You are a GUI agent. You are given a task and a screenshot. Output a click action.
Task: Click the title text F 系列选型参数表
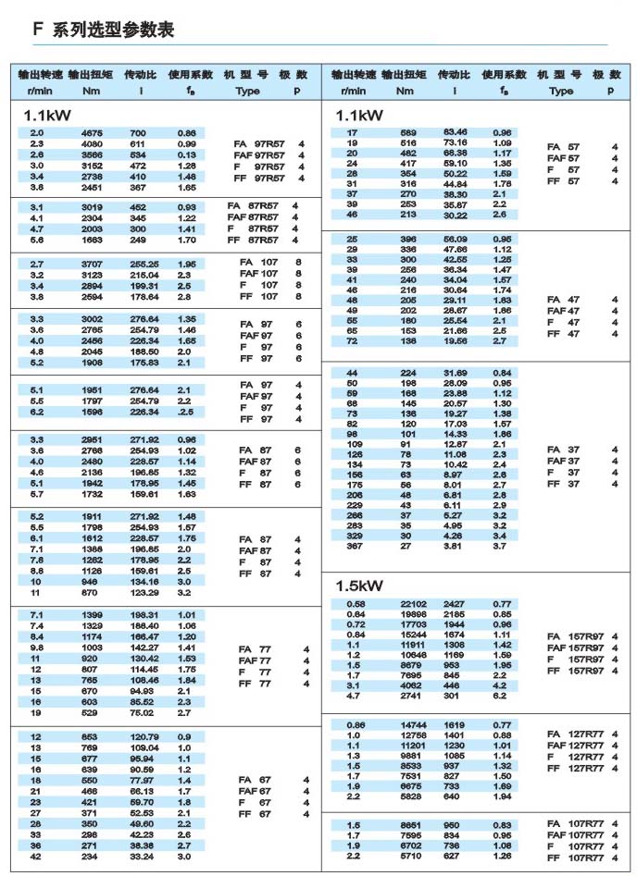103,30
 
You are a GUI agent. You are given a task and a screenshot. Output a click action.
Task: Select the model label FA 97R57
263,144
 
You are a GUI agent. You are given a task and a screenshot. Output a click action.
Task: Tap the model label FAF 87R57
260,216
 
